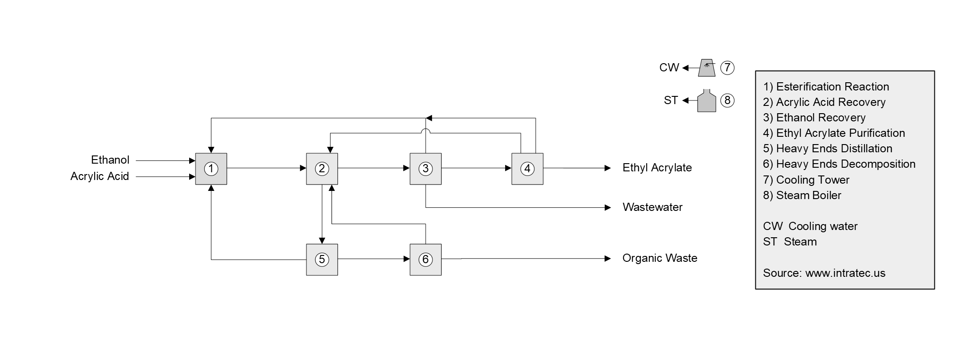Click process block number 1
click(211, 169)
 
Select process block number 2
click(322, 169)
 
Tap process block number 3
click(426, 169)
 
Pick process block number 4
click(527, 169)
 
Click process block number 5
click(322, 260)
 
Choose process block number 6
click(426, 260)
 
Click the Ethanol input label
click(110, 160)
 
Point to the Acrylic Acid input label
click(100, 176)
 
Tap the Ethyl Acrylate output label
click(657, 168)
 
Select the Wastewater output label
click(653, 207)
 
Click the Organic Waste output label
click(660, 258)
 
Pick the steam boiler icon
click(707, 101)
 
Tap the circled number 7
click(727, 68)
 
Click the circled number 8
click(727, 100)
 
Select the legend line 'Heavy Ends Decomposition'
click(839, 164)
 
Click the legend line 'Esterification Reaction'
click(826, 87)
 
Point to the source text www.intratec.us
click(845, 273)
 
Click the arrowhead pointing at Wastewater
click(608, 208)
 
